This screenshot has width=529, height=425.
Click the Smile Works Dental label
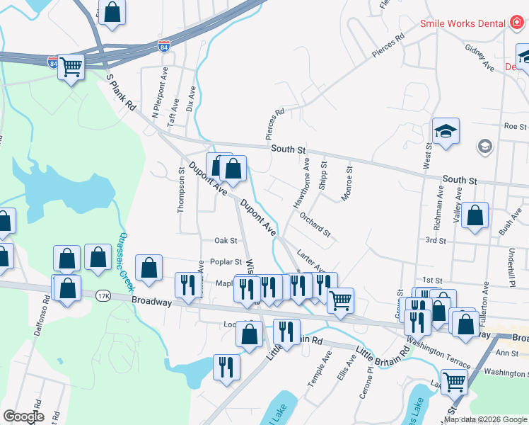463,23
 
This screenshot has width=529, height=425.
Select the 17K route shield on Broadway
104,295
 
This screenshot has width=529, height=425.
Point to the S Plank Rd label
121,92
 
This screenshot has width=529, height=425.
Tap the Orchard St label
315,224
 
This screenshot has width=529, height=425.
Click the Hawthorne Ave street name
302,183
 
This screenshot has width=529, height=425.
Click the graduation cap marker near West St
446,131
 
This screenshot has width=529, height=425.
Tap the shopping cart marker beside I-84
71,67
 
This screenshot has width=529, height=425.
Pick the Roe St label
516,127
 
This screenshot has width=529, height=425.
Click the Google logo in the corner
23,416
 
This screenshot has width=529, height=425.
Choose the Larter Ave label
310,260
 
